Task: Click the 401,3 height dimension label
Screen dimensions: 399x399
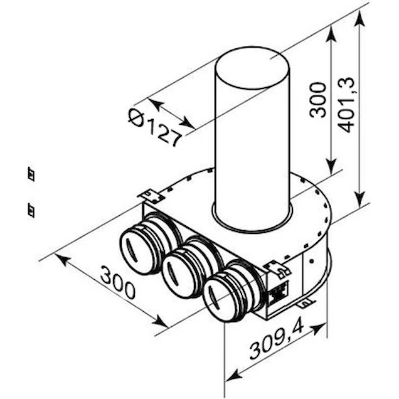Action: [x=346, y=105]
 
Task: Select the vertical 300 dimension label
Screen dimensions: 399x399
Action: [x=318, y=100]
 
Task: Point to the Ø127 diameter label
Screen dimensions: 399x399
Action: [x=154, y=127]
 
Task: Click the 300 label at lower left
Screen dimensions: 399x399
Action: [x=117, y=282]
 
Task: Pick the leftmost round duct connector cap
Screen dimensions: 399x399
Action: [x=137, y=250]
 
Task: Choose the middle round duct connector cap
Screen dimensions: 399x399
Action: [x=179, y=275]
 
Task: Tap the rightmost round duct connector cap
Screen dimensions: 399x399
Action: [x=221, y=299]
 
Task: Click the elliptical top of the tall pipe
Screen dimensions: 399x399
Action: [x=252, y=68]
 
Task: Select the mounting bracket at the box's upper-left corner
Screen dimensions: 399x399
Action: [x=150, y=196]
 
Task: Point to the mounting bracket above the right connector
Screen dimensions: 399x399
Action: [x=278, y=270]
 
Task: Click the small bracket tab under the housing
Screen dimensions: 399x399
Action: [x=306, y=302]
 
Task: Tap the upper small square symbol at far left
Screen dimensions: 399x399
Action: [x=31, y=174]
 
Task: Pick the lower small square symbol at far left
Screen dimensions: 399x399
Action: [x=31, y=210]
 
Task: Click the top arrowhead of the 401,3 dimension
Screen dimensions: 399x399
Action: [x=359, y=19]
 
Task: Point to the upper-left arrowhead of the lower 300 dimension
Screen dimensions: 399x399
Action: [x=63, y=260]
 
